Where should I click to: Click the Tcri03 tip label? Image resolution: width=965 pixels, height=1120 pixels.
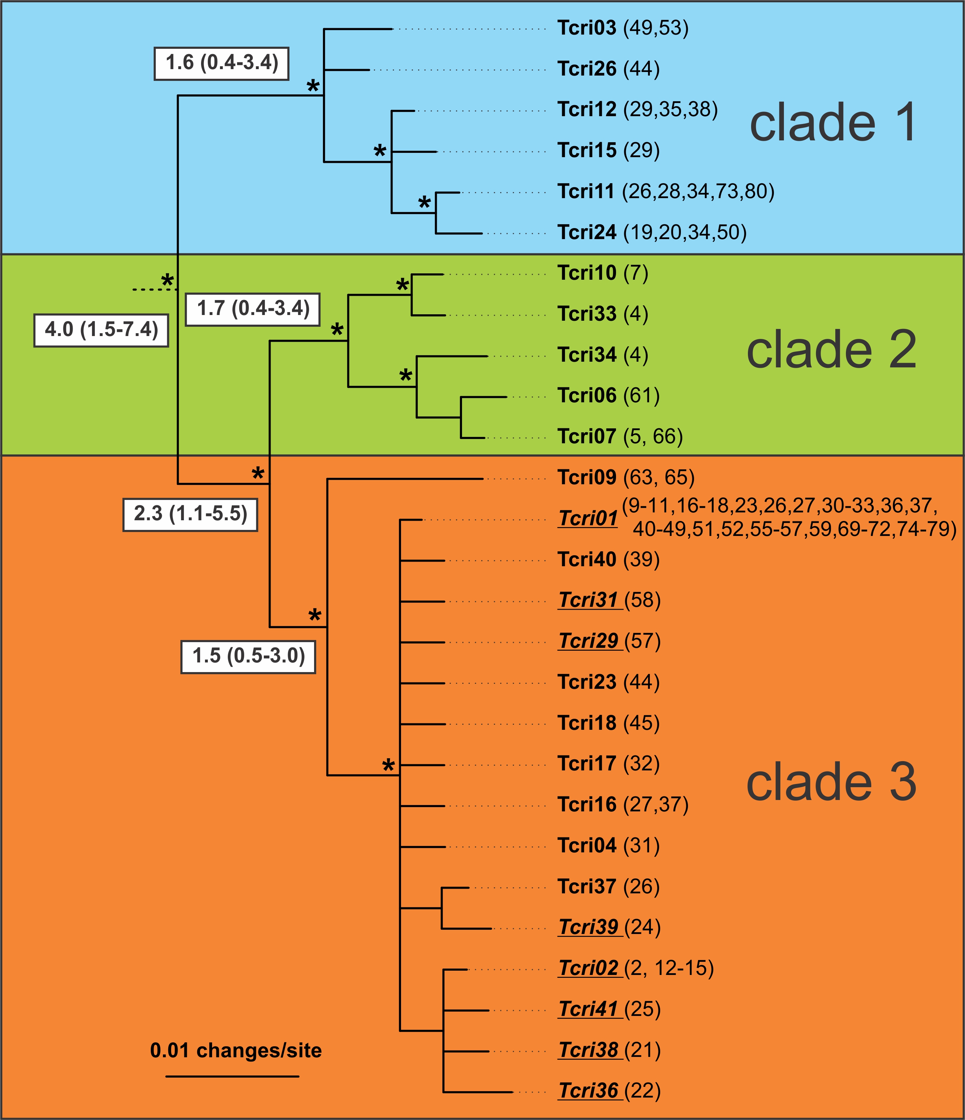[586, 28]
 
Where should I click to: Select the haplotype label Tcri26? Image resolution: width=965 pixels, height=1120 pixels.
[586, 69]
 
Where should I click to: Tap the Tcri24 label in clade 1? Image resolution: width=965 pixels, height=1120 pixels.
[586, 232]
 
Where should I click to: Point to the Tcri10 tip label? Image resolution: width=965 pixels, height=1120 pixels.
[586, 274]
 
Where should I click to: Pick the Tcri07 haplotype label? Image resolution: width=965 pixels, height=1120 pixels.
[586, 437]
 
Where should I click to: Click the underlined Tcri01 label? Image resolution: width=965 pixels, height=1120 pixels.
[587, 518]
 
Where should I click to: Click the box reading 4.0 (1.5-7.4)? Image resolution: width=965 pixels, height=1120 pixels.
[101, 330]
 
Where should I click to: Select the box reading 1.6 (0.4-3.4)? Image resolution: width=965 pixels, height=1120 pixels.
[222, 63]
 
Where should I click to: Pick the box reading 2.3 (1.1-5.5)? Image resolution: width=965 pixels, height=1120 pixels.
[190, 514]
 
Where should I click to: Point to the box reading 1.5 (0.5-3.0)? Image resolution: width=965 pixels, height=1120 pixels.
[248, 656]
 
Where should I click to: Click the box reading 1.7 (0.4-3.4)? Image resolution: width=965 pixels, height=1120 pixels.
[252, 309]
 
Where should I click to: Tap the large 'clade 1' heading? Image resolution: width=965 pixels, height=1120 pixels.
[832, 123]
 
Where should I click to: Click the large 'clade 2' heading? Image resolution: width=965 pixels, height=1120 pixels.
[831, 350]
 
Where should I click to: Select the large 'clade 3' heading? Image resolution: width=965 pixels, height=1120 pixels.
[831, 783]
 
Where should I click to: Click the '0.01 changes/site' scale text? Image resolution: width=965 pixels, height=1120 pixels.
[236, 1051]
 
